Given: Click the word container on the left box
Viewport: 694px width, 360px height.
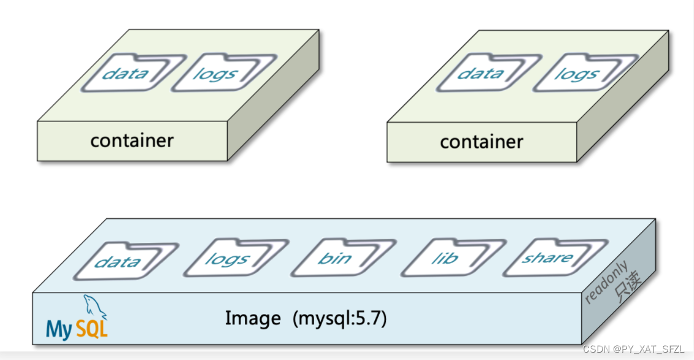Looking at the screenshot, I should coord(132,140).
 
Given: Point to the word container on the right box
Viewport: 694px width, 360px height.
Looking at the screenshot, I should coord(482,142).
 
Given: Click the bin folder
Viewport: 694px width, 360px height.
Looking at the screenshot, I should coord(334,258).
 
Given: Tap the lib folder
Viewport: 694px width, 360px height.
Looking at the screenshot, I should coord(444,258).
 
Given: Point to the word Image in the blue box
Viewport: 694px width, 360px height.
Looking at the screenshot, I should coord(252,318).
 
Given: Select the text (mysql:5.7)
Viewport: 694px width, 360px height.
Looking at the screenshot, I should coord(340,319).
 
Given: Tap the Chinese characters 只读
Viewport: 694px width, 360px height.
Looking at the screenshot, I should coord(628,286).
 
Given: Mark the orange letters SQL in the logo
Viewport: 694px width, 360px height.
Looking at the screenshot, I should coord(92,330).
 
